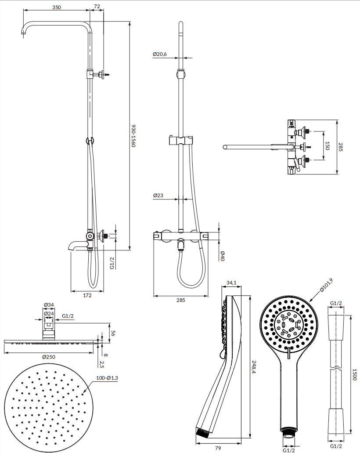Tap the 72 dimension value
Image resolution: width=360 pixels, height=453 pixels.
[x=97, y=7]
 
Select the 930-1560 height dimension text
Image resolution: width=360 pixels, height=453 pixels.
[x=134, y=136]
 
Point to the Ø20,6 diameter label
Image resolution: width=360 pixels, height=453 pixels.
[x=160, y=54]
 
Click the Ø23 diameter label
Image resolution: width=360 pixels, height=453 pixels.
[x=158, y=196]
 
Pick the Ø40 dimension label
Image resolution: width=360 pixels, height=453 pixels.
[x=223, y=255]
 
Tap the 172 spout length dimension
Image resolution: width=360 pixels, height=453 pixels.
[x=87, y=295]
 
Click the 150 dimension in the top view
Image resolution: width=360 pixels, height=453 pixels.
[x=327, y=145]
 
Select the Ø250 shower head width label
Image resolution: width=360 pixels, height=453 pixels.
[x=49, y=357]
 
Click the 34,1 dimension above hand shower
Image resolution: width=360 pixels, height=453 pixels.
[x=232, y=283]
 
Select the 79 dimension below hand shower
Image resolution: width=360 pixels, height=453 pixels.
[x=218, y=448]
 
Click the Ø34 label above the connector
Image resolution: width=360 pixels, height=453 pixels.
[x=49, y=305]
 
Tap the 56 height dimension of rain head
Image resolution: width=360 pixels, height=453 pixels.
[x=112, y=333]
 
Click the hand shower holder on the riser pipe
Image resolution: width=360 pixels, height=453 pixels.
[x=180, y=141]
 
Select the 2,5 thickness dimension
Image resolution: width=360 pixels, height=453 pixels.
[x=101, y=364]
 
